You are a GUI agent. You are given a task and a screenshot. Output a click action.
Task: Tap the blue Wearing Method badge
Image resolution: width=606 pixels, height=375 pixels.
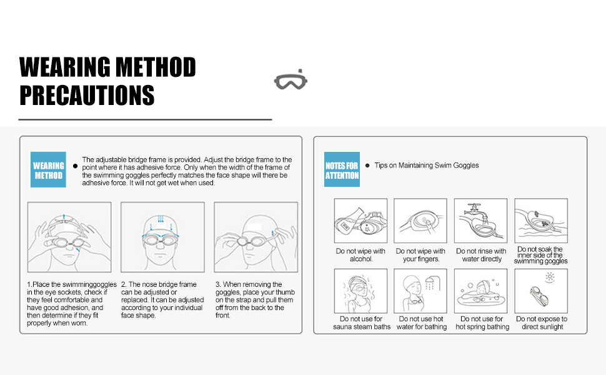point(48,170)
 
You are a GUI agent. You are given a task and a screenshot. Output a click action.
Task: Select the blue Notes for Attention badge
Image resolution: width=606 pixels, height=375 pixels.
point(342,169)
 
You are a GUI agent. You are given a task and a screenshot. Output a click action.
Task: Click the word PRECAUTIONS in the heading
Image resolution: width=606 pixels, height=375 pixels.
point(87,95)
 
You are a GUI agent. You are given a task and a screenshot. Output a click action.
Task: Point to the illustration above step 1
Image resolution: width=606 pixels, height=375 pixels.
point(69,237)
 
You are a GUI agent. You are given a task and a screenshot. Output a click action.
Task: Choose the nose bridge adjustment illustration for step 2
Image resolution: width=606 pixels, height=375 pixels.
point(162,237)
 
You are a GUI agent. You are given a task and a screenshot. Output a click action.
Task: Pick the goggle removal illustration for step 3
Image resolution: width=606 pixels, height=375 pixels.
point(256,237)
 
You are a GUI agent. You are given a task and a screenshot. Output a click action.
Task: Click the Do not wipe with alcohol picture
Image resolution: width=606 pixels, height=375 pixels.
point(360,221)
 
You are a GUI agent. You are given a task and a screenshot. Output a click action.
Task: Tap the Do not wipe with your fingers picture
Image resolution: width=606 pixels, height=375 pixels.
point(420,221)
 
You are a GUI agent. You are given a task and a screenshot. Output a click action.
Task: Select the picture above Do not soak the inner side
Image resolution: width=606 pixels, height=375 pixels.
point(541,221)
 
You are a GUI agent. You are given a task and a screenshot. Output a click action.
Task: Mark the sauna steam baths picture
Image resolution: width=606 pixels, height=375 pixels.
point(360,291)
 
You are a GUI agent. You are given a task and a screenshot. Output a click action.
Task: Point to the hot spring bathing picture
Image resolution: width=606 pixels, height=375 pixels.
point(481,291)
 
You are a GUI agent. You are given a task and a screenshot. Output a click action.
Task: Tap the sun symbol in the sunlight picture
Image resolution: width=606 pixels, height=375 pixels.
point(550,277)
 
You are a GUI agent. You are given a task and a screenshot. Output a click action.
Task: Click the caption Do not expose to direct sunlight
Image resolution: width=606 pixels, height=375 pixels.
point(542,322)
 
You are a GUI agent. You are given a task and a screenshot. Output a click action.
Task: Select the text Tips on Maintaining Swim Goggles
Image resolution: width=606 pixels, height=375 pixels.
point(427,166)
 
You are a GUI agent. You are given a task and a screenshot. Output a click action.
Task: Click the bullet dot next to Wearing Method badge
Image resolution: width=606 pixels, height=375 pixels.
point(76,166)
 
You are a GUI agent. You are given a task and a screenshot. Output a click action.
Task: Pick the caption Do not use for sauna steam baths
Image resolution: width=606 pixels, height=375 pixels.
point(362,322)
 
